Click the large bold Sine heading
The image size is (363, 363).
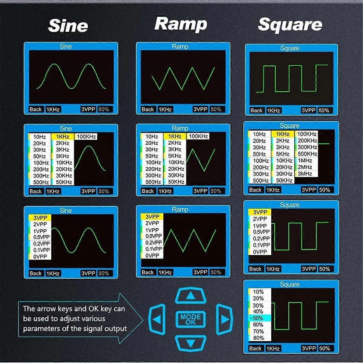pos(68,25)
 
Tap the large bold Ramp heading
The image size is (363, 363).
pos(181,24)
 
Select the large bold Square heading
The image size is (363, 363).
pos(290,25)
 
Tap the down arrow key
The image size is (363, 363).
pos(191,344)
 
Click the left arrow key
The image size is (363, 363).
pos(157,319)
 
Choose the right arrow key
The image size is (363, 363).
pos(224,319)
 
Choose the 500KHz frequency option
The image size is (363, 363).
pos(307,154)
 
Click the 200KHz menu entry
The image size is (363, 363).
pos(307,140)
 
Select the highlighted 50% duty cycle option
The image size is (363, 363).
pos(258,318)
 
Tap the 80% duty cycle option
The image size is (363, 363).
pos(258,338)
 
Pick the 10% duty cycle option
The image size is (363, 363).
pos(258,292)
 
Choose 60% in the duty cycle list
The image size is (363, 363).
pos(258,325)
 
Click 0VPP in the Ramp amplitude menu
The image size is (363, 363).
pos(152,256)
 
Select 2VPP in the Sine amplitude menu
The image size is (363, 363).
pos(40,224)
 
